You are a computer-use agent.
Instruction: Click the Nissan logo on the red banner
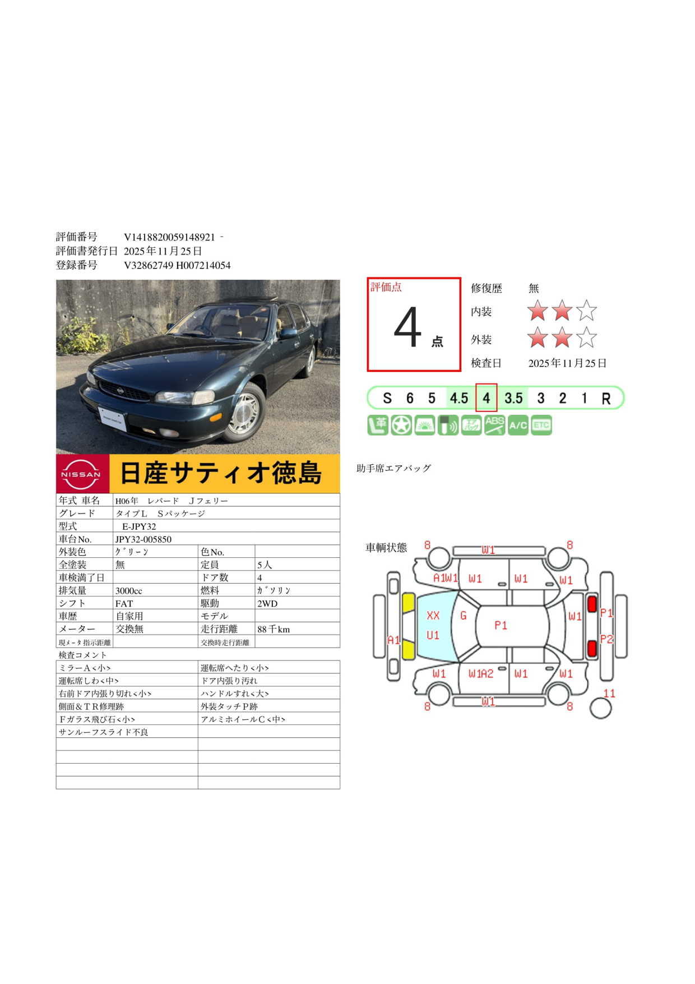tap(81, 474)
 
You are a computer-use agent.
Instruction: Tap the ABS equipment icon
tap(494, 425)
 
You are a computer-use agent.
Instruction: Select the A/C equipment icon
tap(518, 426)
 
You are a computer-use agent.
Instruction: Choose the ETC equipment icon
tap(541, 426)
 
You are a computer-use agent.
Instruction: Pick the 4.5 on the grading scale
tap(458, 398)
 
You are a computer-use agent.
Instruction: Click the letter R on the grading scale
tap(606, 399)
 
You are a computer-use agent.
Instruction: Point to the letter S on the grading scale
tap(387, 398)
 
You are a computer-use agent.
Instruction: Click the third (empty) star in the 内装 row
tap(587, 310)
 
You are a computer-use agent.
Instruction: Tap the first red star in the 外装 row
tap(538, 338)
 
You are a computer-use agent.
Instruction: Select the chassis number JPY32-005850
tap(143, 539)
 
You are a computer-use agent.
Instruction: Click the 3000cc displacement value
tap(129, 591)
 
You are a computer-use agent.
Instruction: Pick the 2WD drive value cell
tap(267, 604)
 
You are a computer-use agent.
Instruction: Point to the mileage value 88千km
tap(274, 630)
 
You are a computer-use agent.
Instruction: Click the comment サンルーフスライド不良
tap(104, 732)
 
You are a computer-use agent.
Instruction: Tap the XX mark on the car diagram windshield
tap(433, 616)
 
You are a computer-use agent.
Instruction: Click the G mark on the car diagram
tap(464, 616)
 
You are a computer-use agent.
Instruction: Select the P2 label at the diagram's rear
tap(606, 639)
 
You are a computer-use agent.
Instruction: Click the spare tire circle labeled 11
tap(600, 708)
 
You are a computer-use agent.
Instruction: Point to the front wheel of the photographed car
tap(245, 414)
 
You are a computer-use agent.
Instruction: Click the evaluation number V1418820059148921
tap(169, 237)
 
